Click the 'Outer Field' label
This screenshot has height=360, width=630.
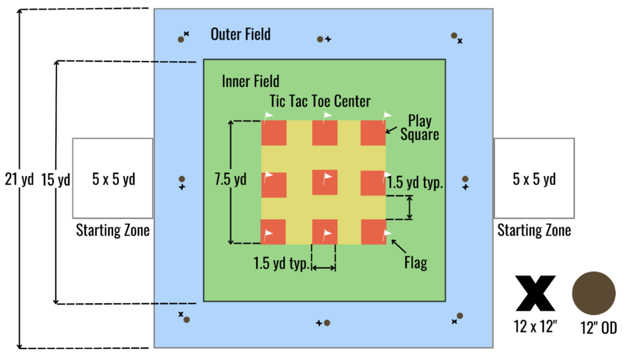pyautogui.click(x=240, y=34)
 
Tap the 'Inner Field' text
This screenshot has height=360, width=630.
pyautogui.click(x=250, y=81)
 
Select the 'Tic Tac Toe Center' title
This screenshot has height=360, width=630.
pyautogui.click(x=320, y=101)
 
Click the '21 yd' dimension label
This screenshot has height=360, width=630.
pyautogui.click(x=19, y=179)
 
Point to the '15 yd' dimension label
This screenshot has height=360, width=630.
pyautogui.click(x=55, y=180)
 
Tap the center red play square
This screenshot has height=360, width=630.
pyautogui.click(x=324, y=182)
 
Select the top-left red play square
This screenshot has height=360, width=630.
pyautogui.click(x=274, y=133)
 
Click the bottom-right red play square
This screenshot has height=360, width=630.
pyautogui.click(x=373, y=231)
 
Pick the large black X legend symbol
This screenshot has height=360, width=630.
pyautogui.click(x=535, y=293)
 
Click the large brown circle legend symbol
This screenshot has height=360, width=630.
pyautogui.click(x=594, y=293)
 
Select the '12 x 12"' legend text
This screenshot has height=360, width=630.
pyautogui.click(x=535, y=326)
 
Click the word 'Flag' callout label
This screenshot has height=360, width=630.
pyautogui.click(x=416, y=263)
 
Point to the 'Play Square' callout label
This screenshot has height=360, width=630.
pyautogui.click(x=420, y=128)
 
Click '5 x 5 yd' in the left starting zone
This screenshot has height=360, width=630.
pyautogui.click(x=113, y=179)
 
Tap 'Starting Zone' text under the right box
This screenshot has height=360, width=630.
pyautogui.click(x=534, y=230)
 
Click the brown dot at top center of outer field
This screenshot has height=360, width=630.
pyautogui.click(x=320, y=39)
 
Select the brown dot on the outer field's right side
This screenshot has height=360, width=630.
pyautogui.click(x=465, y=179)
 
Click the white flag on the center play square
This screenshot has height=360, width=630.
pyautogui.click(x=328, y=177)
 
